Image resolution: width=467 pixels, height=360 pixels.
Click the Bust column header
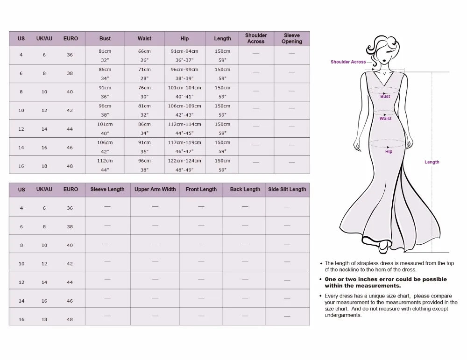105,38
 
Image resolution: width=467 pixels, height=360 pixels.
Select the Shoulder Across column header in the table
256,38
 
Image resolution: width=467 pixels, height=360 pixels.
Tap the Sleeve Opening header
292,38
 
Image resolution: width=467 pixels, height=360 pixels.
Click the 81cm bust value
105,51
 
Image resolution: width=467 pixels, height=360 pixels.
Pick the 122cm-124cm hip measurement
184,161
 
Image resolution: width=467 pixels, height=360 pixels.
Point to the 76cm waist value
144,88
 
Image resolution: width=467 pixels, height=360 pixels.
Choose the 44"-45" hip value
184,133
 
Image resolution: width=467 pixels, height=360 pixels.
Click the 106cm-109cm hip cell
184,106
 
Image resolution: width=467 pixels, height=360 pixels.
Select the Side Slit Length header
287,189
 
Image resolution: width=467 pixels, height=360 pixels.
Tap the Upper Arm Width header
155,189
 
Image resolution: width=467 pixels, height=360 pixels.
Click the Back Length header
245,189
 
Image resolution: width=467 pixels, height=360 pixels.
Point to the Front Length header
201,189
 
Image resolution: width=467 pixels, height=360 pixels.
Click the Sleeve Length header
107,189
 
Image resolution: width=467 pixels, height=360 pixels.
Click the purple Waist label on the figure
385,119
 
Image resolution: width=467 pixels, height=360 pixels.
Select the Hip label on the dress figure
389,152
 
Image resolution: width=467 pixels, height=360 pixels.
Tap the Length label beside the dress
432,162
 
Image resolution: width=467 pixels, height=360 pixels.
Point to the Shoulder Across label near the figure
348,62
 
